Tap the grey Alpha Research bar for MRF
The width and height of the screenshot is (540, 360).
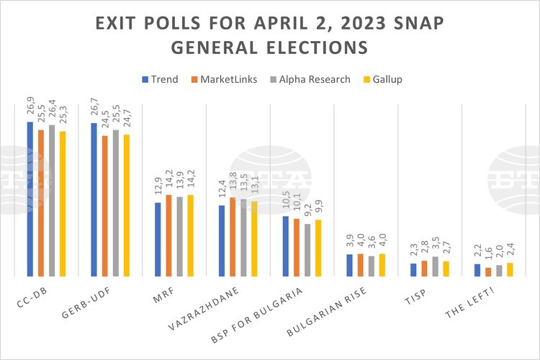pyautogui.click(x=180, y=237)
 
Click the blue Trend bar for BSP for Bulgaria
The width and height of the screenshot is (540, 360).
pyautogui.click(x=286, y=246)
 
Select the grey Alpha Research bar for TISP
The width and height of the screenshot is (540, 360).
pyautogui.click(x=436, y=266)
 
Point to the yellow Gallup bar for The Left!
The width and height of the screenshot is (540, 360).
pyautogui.click(x=510, y=270)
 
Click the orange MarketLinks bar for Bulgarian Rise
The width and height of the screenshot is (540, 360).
pyautogui.click(x=361, y=265)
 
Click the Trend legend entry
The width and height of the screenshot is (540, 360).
pyautogui.click(x=161, y=78)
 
